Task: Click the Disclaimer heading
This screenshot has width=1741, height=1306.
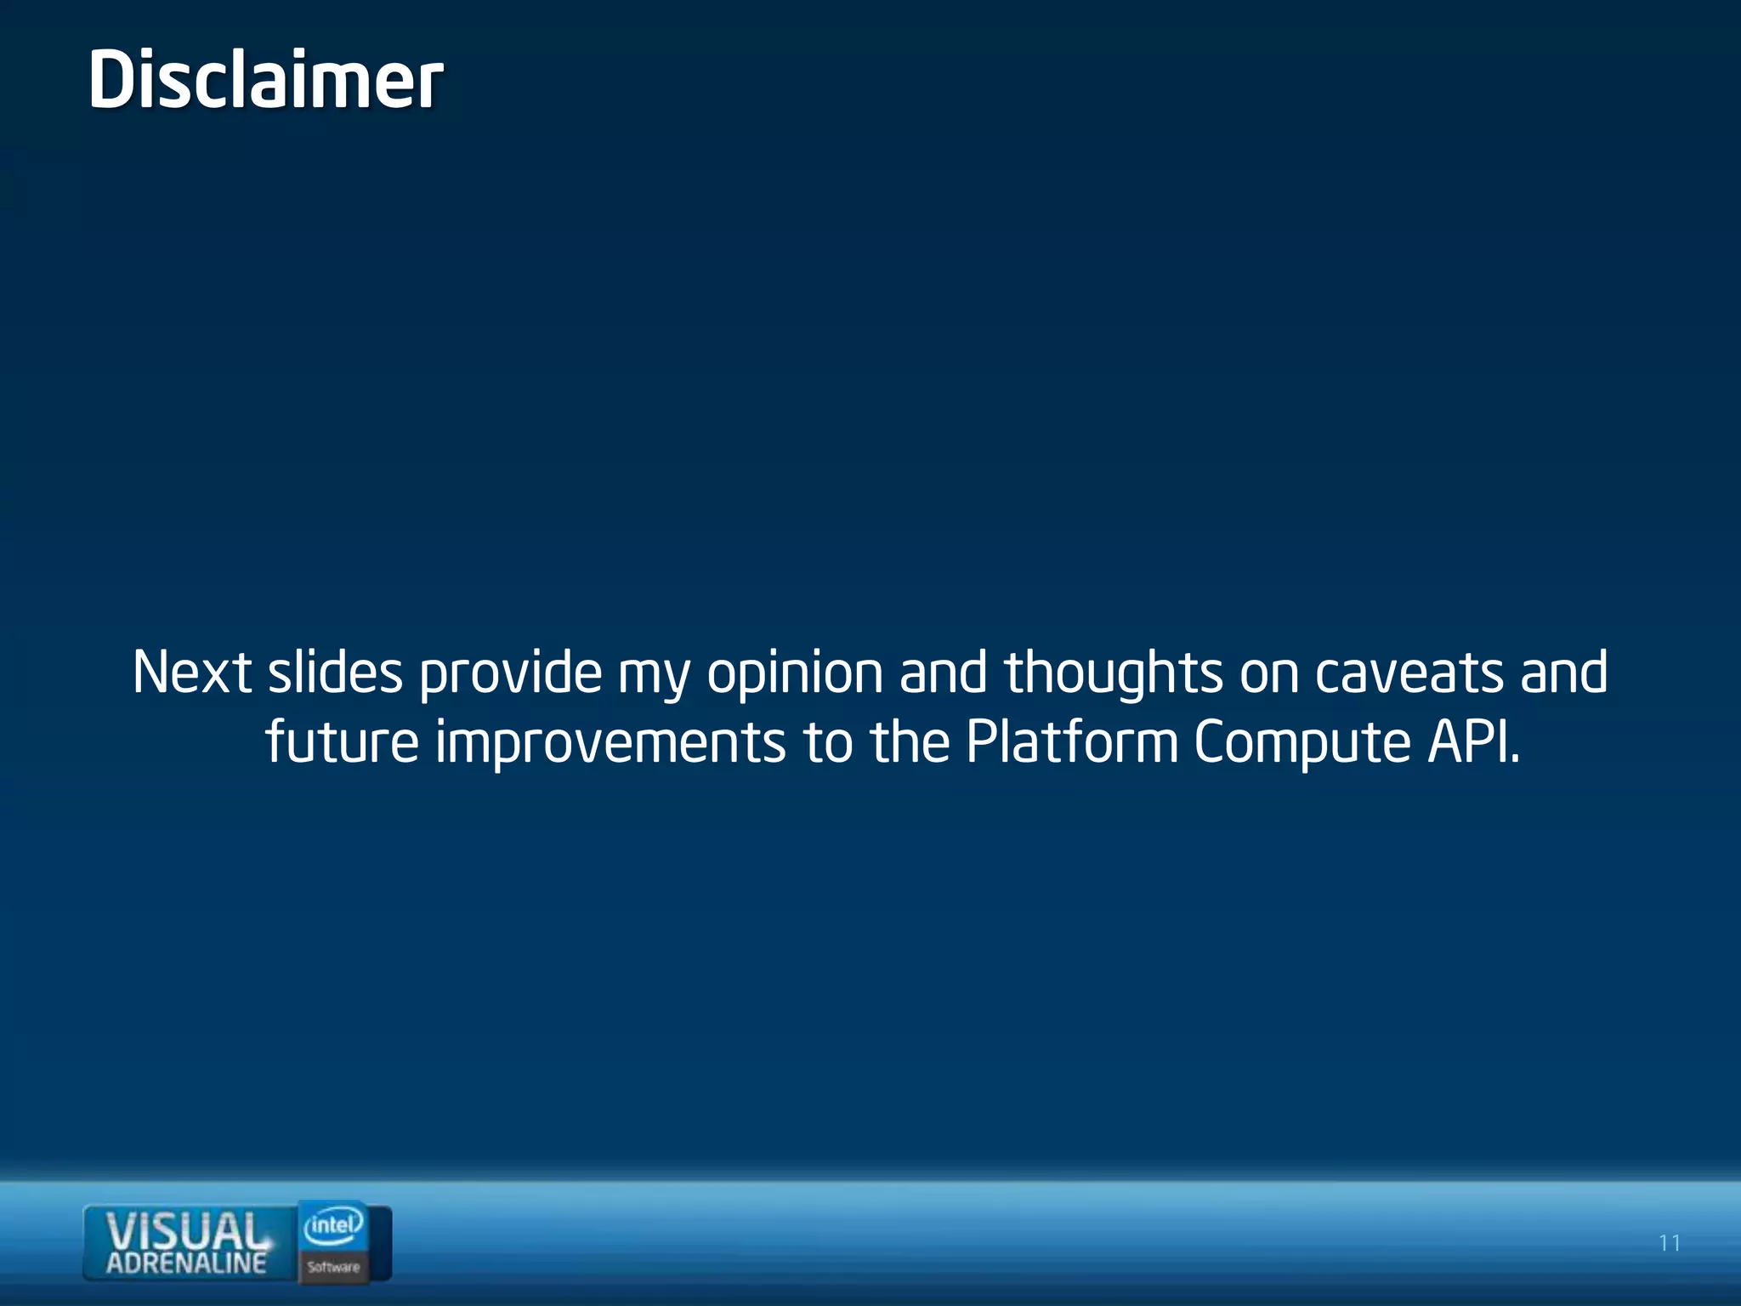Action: [265, 80]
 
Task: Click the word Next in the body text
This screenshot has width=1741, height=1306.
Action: [191, 673]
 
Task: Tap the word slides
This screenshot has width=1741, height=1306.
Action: [335, 673]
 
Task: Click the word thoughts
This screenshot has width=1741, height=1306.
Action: [1113, 673]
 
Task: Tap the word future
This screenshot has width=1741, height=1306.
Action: [342, 742]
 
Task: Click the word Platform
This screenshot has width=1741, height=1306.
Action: [1072, 742]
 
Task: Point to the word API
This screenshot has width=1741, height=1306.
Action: [1472, 742]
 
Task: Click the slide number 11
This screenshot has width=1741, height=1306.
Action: [1670, 1243]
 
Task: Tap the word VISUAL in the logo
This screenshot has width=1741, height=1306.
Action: [185, 1231]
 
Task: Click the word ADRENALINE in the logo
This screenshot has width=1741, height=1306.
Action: [186, 1263]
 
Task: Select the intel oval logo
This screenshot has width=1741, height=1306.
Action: [333, 1225]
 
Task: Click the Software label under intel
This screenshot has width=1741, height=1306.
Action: [333, 1267]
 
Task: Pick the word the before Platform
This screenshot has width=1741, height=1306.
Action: [909, 742]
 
